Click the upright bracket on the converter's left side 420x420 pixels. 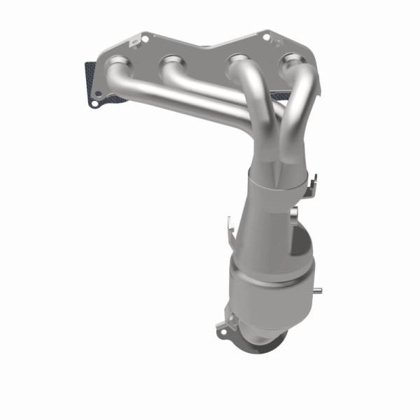228,227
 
